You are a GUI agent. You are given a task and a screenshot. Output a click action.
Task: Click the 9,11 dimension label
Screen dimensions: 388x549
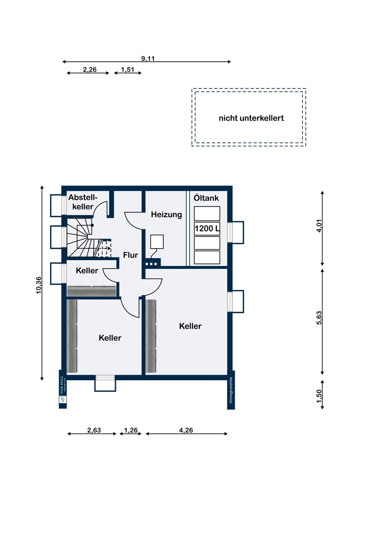click(148, 59)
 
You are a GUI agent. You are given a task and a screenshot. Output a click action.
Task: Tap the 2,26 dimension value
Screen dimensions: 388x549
click(90, 70)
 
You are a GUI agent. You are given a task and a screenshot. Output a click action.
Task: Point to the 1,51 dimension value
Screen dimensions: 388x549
click(127, 70)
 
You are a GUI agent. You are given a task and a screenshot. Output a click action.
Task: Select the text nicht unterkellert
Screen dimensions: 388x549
click(251, 118)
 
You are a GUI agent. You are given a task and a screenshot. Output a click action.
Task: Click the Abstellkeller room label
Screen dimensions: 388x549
click(83, 202)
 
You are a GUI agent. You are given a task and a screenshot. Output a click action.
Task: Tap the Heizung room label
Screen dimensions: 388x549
click(167, 214)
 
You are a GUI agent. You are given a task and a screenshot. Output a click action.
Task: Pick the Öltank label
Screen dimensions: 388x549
click(206, 198)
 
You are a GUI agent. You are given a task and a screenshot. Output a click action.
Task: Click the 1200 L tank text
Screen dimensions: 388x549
click(207, 229)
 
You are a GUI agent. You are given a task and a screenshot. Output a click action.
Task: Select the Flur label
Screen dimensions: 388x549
click(131, 255)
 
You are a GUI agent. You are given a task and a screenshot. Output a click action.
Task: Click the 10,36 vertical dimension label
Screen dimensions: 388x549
click(39, 285)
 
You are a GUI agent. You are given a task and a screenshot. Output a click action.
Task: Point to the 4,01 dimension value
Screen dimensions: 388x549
click(319, 225)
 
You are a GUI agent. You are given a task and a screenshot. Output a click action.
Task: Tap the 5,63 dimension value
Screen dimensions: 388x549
click(319, 318)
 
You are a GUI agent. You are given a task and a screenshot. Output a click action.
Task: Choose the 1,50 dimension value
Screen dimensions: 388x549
click(319, 396)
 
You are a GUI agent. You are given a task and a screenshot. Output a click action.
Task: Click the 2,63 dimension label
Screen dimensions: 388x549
click(94, 430)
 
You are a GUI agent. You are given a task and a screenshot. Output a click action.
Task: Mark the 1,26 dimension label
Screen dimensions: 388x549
click(131, 430)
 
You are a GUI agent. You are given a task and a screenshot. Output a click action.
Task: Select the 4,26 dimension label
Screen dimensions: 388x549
click(186, 430)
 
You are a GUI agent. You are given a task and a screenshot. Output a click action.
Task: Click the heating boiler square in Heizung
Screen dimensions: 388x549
click(157, 242)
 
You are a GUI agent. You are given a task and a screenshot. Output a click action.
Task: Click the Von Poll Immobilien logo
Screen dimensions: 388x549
click(63, 389)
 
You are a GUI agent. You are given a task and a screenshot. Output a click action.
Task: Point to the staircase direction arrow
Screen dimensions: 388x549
click(107, 248)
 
